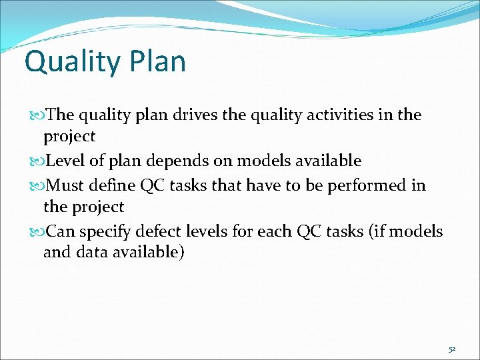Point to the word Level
point(67,161)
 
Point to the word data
point(93,252)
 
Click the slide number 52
point(451,348)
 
